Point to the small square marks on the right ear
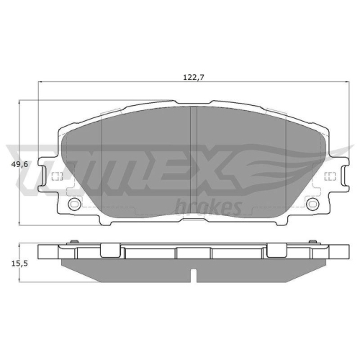pyautogui.click(x=330, y=177)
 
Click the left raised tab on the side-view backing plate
pyautogui.click(x=109, y=250)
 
